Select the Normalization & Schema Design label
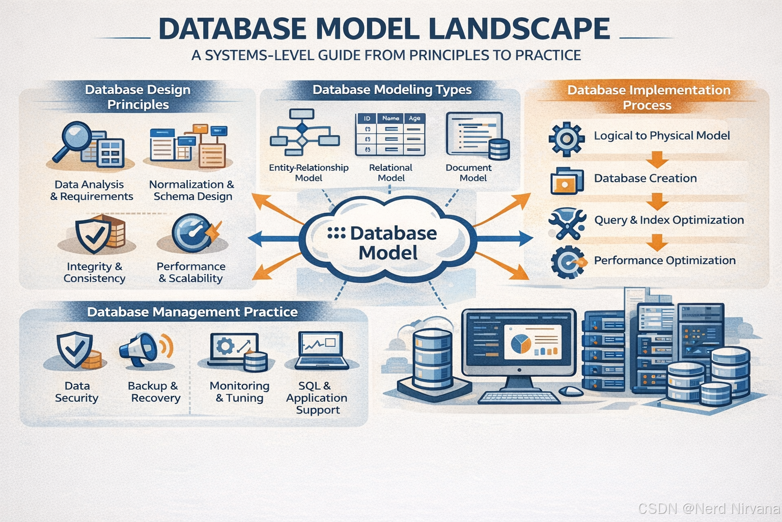[192, 190]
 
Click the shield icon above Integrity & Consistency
[93, 235]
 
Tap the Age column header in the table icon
[414, 118]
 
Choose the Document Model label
[468, 172]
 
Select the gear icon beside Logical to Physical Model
[566, 139]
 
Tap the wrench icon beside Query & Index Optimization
[566, 223]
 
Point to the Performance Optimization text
[664, 260]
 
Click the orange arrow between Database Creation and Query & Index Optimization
[657, 201]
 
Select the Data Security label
[77, 391]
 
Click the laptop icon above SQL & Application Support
[321, 350]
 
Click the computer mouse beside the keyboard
[571, 391]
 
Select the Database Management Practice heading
[192, 312]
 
